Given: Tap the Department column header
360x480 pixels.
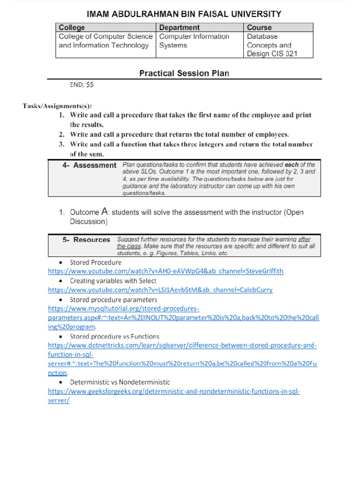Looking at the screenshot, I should click(x=180, y=28).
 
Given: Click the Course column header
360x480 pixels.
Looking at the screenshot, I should click(x=259, y=28).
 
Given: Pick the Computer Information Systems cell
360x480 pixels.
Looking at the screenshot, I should click(x=194, y=41).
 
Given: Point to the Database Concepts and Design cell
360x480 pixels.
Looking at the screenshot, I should click(x=272, y=45).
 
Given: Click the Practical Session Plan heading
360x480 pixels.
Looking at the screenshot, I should click(x=184, y=73).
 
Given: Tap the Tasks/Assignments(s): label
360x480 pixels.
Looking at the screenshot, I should click(x=58, y=105).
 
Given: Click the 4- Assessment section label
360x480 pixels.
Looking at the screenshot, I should click(x=89, y=165).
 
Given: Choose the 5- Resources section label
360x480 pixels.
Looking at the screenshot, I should click(x=86, y=240).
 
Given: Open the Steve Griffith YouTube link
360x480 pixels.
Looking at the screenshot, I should click(x=166, y=271).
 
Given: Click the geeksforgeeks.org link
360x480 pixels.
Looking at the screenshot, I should click(x=174, y=391).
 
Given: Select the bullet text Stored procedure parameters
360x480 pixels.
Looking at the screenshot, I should click(x=113, y=299).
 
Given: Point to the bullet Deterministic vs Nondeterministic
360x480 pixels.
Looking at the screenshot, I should click(x=120, y=382).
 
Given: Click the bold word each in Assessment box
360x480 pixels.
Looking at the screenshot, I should click(x=292, y=165).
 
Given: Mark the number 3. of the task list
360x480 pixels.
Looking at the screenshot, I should click(x=61, y=144).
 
